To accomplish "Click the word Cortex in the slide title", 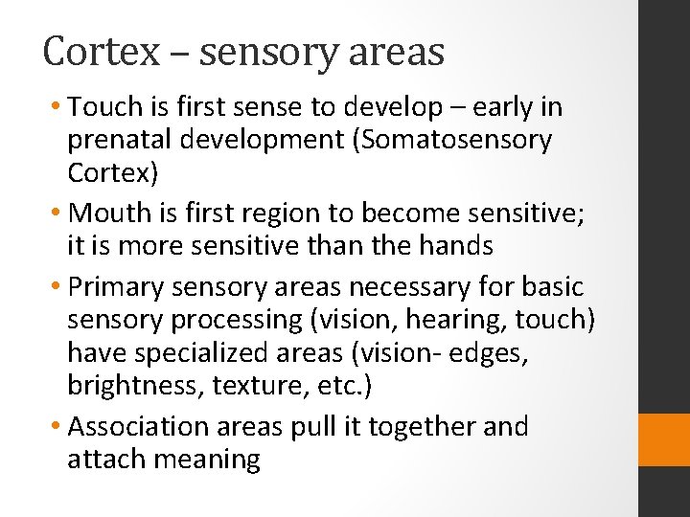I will tap(101, 52).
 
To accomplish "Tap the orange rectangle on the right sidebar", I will tap(664, 439).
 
